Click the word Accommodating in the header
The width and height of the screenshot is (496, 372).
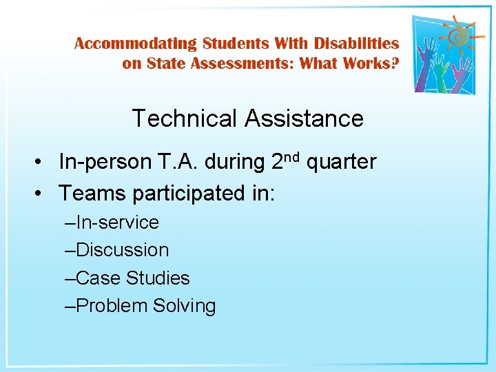(136, 44)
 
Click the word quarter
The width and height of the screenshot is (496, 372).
(341, 163)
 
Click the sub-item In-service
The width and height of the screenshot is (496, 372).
(116, 223)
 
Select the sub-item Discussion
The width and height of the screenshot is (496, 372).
(122, 250)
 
